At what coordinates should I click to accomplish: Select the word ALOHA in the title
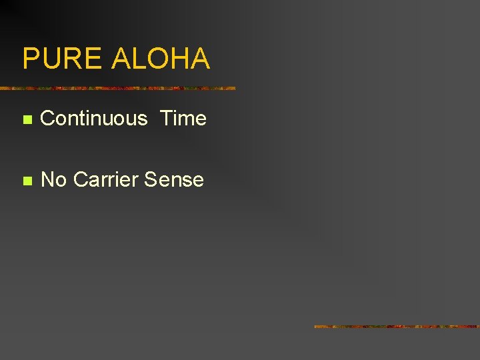tap(161, 59)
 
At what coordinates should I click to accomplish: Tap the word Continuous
tap(94, 119)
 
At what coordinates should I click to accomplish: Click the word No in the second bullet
tap(54, 179)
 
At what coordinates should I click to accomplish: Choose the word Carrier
tap(106, 179)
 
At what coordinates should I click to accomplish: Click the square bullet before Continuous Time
tap(27, 120)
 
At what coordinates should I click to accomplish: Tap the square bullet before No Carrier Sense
tap(27, 181)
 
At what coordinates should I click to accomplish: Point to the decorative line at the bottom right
tap(397, 327)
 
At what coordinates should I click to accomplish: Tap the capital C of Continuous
tap(48, 119)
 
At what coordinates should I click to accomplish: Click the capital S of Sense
tap(151, 179)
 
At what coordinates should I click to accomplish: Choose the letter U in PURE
tap(51, 59)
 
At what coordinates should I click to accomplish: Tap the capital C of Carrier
tap(81, 179)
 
